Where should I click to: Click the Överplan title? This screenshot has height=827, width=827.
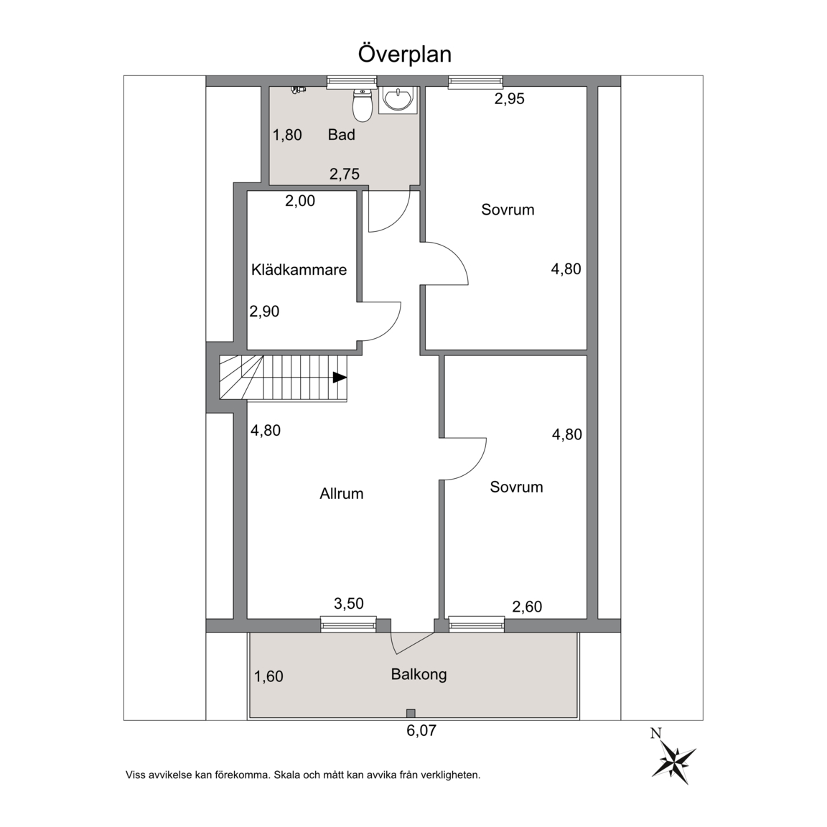405,54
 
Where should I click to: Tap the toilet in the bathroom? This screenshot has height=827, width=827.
362,105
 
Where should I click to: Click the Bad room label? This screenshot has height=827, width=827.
341,134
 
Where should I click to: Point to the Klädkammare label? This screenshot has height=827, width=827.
299,269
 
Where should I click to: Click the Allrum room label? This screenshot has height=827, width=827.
341,494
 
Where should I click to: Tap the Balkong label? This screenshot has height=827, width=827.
419,675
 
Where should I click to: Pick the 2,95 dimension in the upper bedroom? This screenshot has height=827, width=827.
510,98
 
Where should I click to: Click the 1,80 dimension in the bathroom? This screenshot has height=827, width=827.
287,135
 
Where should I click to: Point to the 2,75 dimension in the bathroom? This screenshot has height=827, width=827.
345,174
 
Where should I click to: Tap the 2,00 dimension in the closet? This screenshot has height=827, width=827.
300,200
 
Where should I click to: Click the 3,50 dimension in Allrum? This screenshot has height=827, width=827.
349,603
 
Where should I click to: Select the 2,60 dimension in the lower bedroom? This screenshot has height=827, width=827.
528,607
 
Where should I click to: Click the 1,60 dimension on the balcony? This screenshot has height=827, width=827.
269,676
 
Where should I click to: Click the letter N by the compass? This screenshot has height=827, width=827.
656,733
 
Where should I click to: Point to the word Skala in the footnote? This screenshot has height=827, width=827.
286,775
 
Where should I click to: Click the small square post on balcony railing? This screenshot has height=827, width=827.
411,714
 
